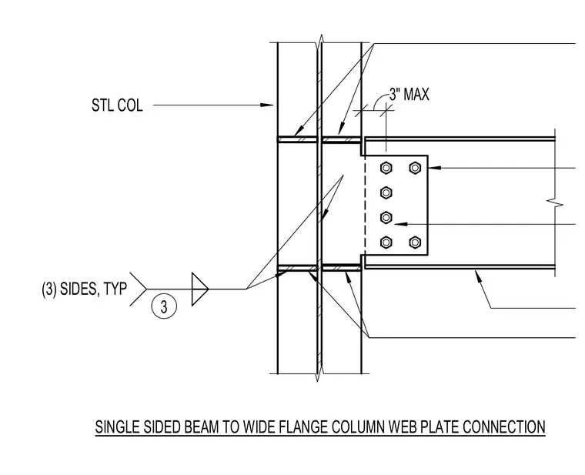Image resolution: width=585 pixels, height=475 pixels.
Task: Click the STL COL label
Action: tap(117, 105)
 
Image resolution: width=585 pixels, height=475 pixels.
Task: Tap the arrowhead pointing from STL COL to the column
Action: tap(266, 105)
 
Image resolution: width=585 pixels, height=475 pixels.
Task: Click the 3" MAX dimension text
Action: tap(409, 94)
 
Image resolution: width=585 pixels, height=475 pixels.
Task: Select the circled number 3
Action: tap(164, 306)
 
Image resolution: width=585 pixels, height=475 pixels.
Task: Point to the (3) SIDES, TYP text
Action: tap(85, 289)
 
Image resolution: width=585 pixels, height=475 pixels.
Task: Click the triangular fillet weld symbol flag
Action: tap(199, 289)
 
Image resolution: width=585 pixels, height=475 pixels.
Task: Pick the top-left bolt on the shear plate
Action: tap(386, 168)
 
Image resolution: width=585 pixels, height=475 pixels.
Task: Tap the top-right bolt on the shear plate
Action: tap(415, 168)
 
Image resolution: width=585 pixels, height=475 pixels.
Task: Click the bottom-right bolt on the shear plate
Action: tap(415, 243)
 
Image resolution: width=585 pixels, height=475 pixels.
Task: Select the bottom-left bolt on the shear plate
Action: tap(386, 243)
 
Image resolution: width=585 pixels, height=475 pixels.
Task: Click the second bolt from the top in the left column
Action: tap(386, 192)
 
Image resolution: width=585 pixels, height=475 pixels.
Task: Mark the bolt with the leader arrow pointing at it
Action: tap(386, 217)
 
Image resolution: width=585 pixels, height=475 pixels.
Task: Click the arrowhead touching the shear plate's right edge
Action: tap(435, 168)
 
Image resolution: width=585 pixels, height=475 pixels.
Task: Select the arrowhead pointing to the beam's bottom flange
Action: tap(478, 276)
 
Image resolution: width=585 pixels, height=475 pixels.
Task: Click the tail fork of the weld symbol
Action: tap(138, 289)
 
